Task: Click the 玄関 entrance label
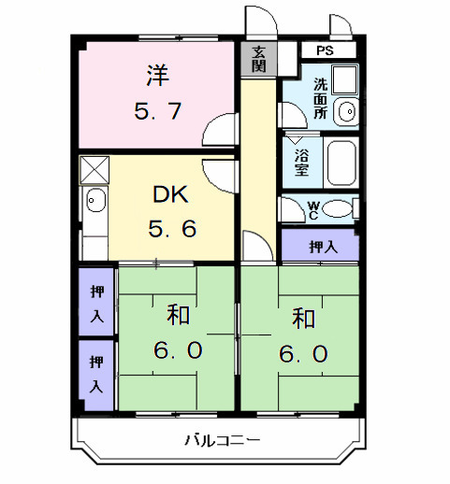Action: point(259,59)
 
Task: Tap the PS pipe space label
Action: point(324,50)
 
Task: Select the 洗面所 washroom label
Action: point(320,96)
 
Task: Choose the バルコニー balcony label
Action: point(221,438)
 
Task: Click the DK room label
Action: point(170,195)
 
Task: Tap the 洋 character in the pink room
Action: point(156,73)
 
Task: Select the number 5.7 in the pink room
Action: point(156,111)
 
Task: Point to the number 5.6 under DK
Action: point(170,229)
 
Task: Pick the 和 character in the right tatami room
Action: point(301,318)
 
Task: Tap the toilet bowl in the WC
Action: point(341,209)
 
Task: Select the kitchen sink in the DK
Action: point(95,200)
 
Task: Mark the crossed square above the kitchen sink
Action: point(94,170)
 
